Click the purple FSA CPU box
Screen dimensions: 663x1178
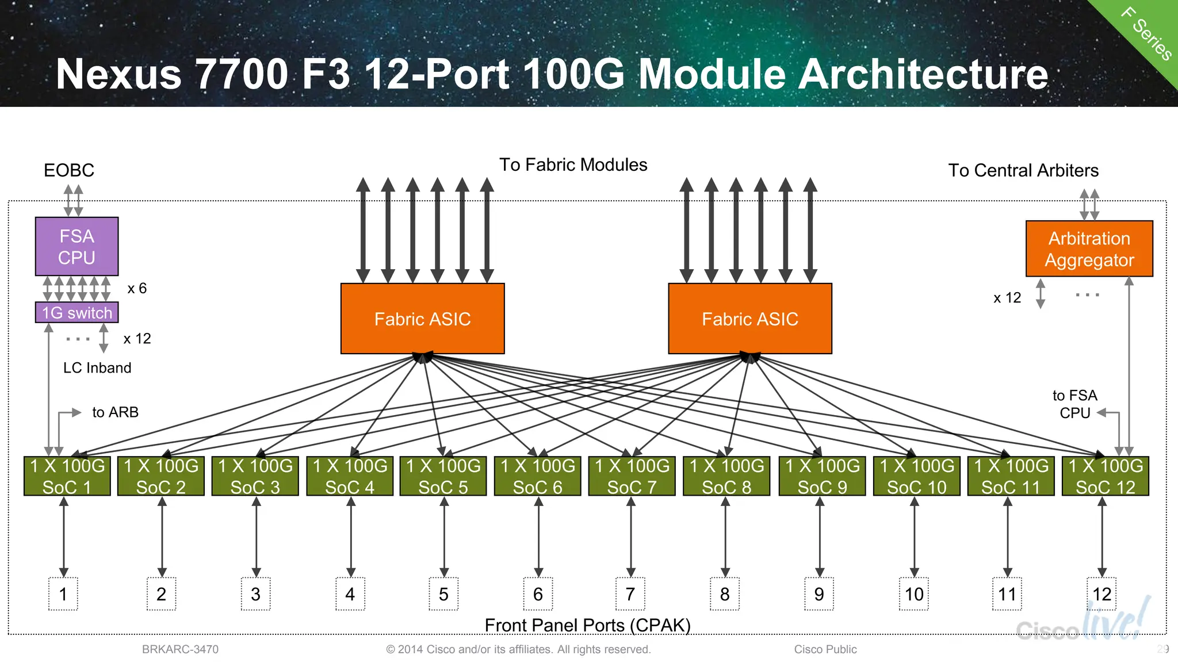(77, 246)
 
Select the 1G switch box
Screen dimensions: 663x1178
(77, 312)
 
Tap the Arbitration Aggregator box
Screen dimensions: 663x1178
(1089, 248)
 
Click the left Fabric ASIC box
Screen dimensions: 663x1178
(422, 318)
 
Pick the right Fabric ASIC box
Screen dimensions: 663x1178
(749, 318)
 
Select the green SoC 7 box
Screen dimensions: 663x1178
(632, 476)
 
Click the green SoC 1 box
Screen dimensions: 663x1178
(67, 476)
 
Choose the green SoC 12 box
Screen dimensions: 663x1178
(1105, 476)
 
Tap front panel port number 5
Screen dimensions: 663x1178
(443, 594)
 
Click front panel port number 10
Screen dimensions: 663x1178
(913, 594)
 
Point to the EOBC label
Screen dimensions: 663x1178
(68, 170)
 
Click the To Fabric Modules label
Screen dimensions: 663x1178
(573, 165)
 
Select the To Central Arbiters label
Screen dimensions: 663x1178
(1023, 170)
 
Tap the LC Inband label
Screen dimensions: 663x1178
(97, 368)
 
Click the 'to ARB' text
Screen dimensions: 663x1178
(115, 412)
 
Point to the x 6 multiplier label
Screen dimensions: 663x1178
(137, 288)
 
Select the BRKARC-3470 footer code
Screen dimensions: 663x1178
(180, 649)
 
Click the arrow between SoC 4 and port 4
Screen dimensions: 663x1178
(350, 537)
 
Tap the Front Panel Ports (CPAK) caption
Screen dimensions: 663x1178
(587, 625)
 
